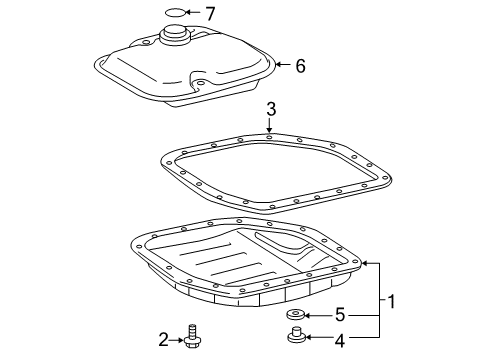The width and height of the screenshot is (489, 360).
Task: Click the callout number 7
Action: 210,14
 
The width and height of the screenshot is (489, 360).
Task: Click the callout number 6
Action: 299,66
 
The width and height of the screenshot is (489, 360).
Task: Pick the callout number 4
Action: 339,340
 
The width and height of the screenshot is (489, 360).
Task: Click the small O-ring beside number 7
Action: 174,14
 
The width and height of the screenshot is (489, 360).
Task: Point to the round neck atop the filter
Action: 174,38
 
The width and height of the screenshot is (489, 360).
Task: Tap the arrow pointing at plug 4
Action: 317,340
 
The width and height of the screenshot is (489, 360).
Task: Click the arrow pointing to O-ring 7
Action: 194,14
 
